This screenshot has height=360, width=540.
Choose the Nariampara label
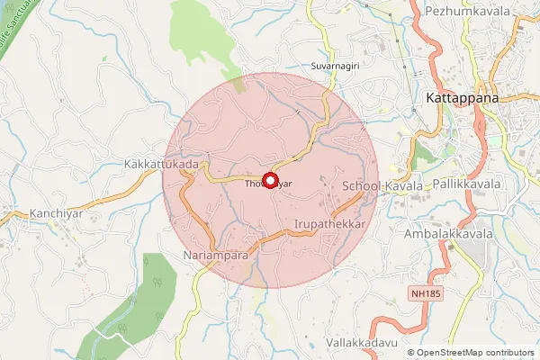coord(215,256)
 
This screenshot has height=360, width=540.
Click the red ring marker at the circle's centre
coord(268,180)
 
